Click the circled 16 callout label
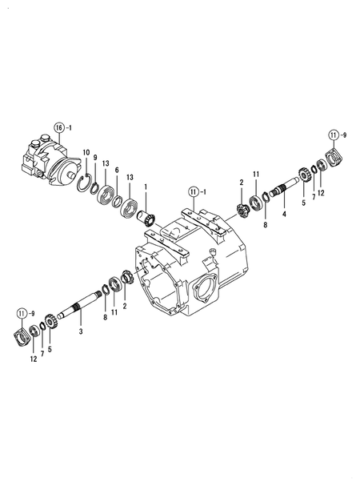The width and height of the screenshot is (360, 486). (58, 127)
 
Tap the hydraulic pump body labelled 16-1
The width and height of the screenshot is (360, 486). (49, 158)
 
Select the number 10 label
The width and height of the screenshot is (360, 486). (86, 152)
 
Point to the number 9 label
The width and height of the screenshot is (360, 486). (95, 157)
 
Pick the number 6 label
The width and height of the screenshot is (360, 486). (117, 170)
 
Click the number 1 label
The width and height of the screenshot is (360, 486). (146, 187)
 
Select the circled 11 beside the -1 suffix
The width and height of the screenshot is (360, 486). (193, 191)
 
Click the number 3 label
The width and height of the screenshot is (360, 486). (80, 330)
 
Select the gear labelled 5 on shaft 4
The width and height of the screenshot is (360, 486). (303, 175)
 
